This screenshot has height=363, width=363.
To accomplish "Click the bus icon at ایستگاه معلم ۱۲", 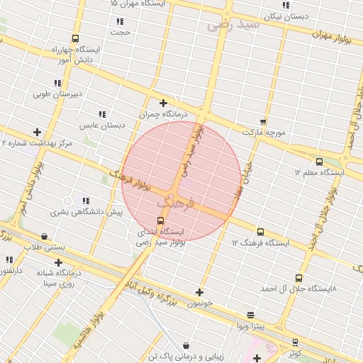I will (319, 162).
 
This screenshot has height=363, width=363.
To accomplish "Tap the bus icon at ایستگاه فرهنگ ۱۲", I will (261, 232).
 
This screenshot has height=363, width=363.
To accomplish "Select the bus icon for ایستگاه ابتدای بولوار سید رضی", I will (160, 220).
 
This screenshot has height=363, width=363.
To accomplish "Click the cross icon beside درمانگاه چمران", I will (164, 103).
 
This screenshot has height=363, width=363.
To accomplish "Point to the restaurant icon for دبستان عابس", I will (102, 114).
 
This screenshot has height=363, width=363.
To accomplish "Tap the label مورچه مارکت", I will (263, 133).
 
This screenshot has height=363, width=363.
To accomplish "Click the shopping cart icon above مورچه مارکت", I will (263, 122).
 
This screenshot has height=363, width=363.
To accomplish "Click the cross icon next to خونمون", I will (199, 292).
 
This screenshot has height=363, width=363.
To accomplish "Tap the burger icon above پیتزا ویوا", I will (250, 315).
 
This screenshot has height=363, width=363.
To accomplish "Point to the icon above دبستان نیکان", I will (286, 5).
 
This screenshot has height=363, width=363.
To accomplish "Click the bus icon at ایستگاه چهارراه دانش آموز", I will (75, 40).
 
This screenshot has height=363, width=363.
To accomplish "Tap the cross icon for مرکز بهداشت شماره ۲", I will (37, 132).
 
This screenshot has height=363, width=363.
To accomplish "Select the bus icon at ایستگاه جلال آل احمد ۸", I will (298, 279).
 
